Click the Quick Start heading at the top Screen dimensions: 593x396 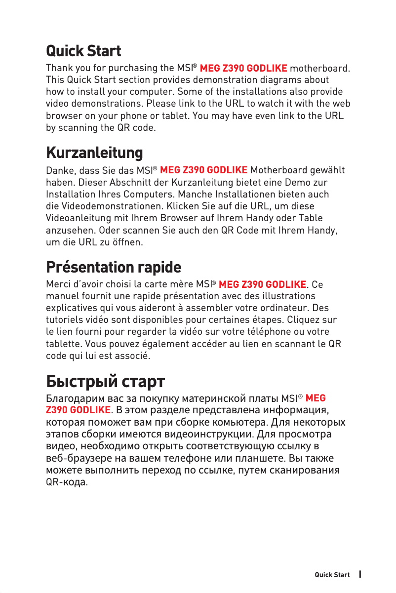coord(83,51)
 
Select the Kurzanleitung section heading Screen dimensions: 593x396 coord(94,153)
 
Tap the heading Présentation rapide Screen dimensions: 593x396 coord(114,267)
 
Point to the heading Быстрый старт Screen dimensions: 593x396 coord(105,382)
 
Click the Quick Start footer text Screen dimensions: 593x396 coord(332,575)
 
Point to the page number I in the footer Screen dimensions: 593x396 coord(361,574)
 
